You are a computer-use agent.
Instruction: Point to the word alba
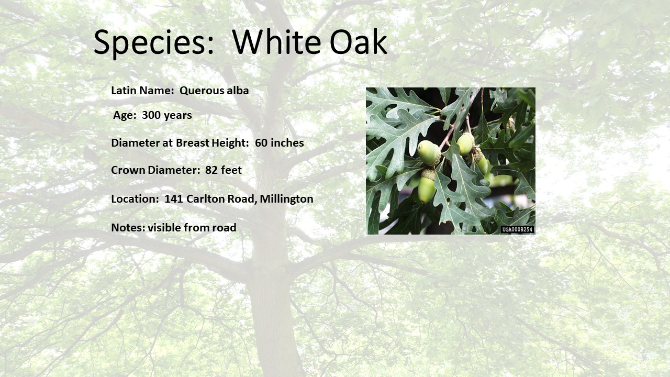238,91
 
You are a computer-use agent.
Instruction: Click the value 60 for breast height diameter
261,143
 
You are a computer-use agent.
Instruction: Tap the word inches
287,143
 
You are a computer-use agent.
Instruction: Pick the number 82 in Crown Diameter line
211,170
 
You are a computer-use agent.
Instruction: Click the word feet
231,170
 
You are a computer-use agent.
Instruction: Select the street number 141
174,199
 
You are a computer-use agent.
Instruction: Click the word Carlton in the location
206,198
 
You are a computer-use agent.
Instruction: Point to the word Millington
286,199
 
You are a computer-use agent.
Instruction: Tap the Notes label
128,228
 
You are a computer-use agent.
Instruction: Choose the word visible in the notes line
164,227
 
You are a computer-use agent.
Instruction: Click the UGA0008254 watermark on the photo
518,229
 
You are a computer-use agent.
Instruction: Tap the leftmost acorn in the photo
429,153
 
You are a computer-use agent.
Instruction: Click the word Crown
128,170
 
